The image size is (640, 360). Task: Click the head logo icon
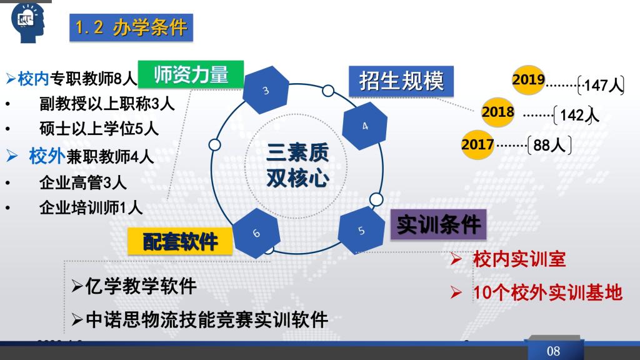coord(28,22)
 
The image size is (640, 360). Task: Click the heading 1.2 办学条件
coord(131,27)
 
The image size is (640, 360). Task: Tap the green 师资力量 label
coord(191,74)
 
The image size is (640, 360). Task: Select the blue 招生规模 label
coord(401,81)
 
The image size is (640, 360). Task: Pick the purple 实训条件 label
coord(438,224)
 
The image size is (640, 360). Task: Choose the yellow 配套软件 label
coord(180,242)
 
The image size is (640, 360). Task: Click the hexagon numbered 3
coord(266,90)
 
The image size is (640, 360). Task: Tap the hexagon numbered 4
coord(364,126)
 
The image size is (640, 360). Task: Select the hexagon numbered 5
coord(362,231)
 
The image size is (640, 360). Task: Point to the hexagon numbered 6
coord(256,233)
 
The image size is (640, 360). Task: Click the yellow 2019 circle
coord(529,79)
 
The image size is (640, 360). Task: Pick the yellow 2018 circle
coord(497,112)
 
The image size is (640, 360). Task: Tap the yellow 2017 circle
coord(477,144)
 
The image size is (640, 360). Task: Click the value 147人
coord(604,85)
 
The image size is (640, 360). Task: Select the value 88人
coord(549,145)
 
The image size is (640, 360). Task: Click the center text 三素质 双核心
coord(297,165)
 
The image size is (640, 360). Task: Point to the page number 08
coord(554,351)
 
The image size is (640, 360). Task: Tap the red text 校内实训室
coord(519,259)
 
